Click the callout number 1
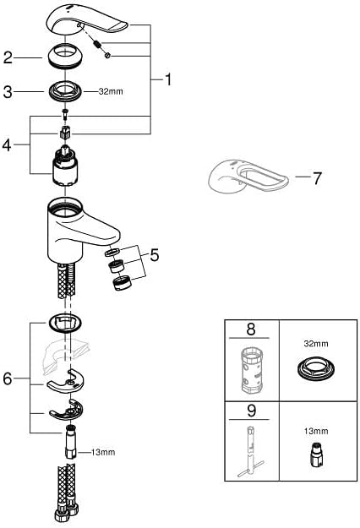(167, 79)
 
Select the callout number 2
(8, 58)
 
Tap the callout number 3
(8, 91)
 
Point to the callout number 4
(7, 145)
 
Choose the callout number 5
(155, 255)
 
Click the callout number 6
(8, 378)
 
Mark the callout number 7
(317, 178)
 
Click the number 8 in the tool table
(251, 329)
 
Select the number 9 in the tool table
(251, 411)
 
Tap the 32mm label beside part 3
(111, 91)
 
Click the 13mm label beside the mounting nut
(103, 452)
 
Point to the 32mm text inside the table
(316, 344)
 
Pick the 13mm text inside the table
(315, 431)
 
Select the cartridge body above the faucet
(65, 166)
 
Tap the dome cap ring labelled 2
(65, 56)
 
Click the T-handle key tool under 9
(251, 451)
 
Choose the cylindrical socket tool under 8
(251, 372)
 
